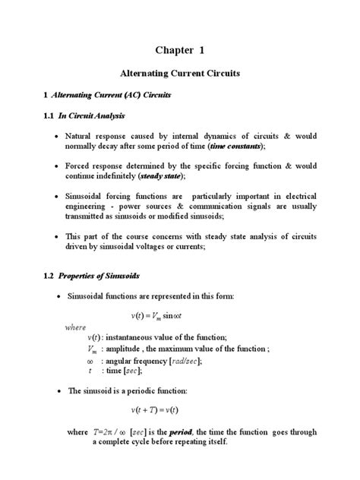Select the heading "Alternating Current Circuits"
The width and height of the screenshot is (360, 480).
(180, 77)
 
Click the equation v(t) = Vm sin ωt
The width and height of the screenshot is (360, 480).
(179, 313)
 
